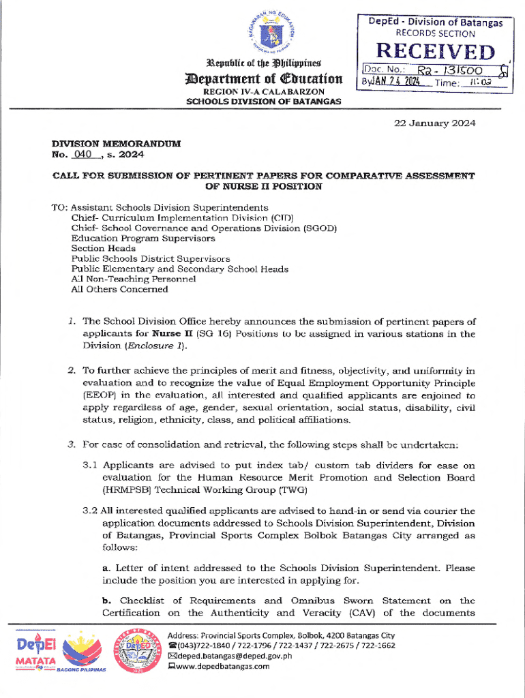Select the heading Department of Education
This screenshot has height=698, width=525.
267,78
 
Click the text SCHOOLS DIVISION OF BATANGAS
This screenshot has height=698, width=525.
264,102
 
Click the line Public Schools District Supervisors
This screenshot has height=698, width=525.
150,259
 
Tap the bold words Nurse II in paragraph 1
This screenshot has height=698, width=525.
173,334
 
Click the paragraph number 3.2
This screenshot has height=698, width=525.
90,511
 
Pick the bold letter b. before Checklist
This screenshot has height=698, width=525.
107,601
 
